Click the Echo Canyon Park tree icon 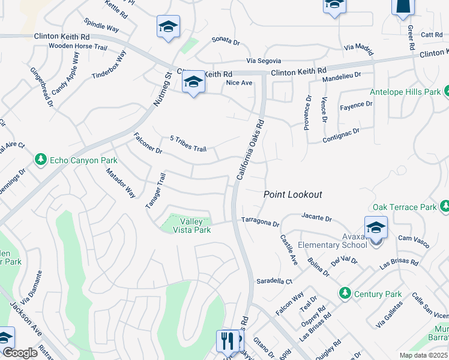pos(40,160)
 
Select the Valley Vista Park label pos(192,226)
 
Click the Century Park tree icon pos(345,294)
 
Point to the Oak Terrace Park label pos(404,207)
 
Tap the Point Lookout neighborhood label pos(293,194)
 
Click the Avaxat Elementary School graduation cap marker pos(376,228)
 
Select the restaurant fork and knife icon pos(226,341)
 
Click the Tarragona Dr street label pos(261,222)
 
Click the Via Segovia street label pos(264,61)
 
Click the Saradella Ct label pos(274,281)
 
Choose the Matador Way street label pos(121,183)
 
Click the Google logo pos(20,353)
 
